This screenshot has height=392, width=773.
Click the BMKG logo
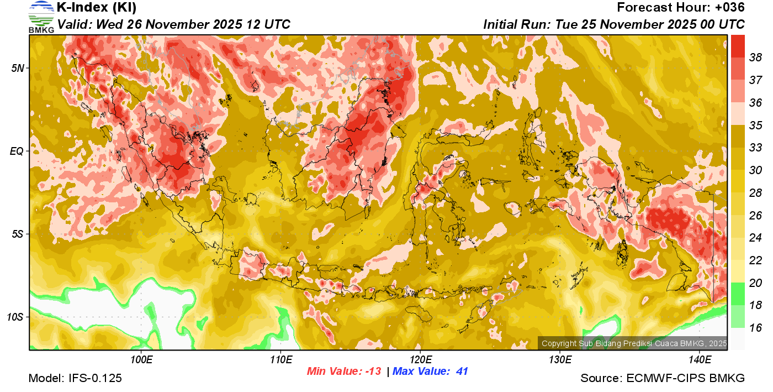pyautogui.click(x=41, y=17)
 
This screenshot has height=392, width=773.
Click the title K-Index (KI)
pyautogui.click(x=97, y=8)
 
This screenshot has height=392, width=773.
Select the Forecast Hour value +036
pyautogui.click(x=729, y=8)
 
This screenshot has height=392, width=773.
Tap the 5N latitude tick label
pyautogui.click(x=18, y=68)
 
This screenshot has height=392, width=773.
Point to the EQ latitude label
pyautogui.click(x=17, y=151)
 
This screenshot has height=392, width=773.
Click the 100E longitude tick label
pyautogui.click(x=141, y=360)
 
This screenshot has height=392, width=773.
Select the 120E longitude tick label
pyautogui.click(x=420, y=360)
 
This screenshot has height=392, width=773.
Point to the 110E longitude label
pyautogui.click(x=280, y=360)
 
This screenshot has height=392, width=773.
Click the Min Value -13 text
pyautogui.click(x=344, y=372)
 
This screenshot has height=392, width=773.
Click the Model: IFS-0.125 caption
pyautogui.click(x=75, y=379)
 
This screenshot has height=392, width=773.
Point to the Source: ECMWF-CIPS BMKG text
pyautogui.click(x=662, y=379)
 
